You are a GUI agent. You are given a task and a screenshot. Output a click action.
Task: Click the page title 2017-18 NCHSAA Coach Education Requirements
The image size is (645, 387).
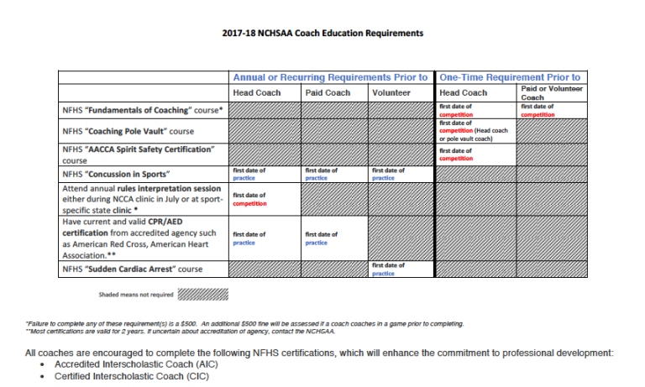(x=322, y=34)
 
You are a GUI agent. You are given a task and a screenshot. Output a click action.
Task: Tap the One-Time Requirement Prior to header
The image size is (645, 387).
(x=510, y=77)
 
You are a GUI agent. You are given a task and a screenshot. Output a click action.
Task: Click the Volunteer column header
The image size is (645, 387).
(x=391, y=92)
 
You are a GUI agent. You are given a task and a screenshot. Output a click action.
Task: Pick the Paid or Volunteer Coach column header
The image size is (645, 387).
(x=552, y=92)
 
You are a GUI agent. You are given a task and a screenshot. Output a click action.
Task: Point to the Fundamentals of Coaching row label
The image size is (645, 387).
(x=143, y=110)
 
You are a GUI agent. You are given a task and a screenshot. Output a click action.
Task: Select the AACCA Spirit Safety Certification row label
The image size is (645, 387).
(x=139, y=154)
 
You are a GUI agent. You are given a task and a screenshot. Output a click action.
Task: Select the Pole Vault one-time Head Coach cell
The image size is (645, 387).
(x=475, y=130)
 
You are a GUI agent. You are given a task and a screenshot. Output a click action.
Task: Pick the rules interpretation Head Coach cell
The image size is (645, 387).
(x=264, y=199)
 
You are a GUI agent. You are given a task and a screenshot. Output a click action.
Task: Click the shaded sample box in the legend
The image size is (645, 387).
(x=203, y=295)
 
